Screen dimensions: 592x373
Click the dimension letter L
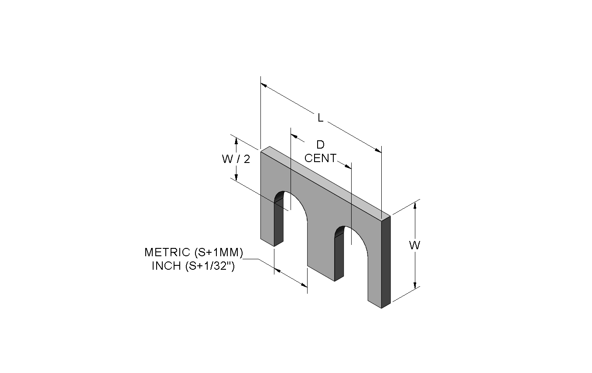point(320,118)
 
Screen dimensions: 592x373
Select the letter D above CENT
point(320,145)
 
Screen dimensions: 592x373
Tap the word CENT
point(320,158)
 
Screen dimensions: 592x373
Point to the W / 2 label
point(236,159)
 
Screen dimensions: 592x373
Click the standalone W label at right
point(414,245)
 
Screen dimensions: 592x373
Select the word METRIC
point(167,252)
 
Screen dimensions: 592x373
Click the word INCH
point(166,266)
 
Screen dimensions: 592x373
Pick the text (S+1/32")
point(210,266)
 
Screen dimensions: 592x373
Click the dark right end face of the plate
point(386,262)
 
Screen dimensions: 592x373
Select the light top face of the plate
point(325,182)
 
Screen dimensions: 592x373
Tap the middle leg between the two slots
point(321,254)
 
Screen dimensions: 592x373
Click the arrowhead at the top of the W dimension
point(415,204)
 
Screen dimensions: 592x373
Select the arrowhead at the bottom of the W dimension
point(415,285)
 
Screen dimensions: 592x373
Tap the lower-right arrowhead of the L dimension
point(378,151)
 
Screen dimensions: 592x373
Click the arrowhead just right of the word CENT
point(348,166)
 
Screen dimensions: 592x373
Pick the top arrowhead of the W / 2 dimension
point(236,141)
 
